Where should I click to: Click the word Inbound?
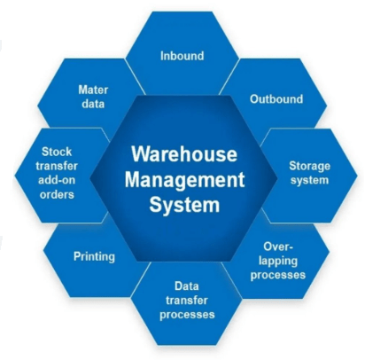tap(182, 56)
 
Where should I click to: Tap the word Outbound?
tap(276, 99)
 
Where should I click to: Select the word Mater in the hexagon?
tap(93, 90)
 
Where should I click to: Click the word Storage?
tap(309, 167)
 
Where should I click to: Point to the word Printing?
tap(94, 256)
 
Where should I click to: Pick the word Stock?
tap(57, 152)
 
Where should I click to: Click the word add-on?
tap(57, 180)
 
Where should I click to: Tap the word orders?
tap(57, 195)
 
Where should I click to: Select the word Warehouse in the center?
tap(184, 154)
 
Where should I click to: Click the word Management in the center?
tap(185, 179)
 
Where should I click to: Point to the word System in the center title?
tap(184, 205)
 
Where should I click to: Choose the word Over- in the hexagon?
tap(278, 247)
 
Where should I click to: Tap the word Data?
tap(187, 286)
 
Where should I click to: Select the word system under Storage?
tap(309, 181)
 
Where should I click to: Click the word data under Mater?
tap(93, 104)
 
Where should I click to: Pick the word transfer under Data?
tap(187, 301)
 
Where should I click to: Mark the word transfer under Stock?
tap(57, 166)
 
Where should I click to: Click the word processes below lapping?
tap(278, 276)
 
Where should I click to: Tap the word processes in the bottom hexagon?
tap(187, 315)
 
